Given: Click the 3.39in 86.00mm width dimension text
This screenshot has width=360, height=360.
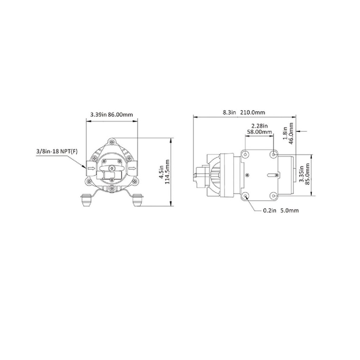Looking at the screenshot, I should pos(112,114).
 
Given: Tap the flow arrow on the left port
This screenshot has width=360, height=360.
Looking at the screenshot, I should pos(90,167).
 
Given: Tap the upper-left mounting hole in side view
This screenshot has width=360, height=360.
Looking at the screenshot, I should pos(246,154).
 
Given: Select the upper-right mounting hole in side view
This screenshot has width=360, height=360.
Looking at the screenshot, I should pos(274,154).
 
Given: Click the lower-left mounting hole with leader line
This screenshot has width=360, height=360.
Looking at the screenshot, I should pos(246,195).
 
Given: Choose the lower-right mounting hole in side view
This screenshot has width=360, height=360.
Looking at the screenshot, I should pos(274,195).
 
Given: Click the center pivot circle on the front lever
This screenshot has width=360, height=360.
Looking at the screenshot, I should pos(112,168).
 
